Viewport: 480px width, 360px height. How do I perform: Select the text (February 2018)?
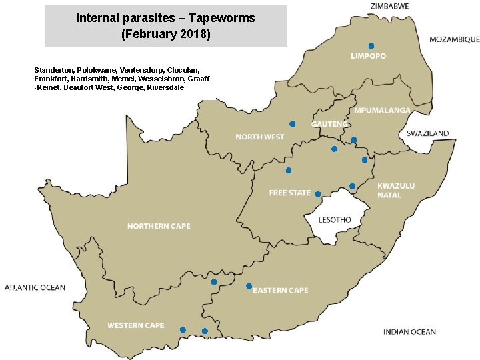pos(166,33)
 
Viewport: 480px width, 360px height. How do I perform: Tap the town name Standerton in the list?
pos(53,70)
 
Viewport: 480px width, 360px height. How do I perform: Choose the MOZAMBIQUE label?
pos(454,40)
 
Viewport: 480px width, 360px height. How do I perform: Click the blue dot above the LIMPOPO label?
pos(371,46)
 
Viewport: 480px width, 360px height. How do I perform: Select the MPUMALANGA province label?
pos(382,110)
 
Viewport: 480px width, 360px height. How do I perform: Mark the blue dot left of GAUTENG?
pos(292,124)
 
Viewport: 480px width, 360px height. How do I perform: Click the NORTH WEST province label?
pos(259,137)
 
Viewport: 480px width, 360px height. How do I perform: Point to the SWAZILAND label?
pos(427,133)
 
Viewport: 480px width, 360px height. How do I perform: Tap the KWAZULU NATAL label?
pos(395,190)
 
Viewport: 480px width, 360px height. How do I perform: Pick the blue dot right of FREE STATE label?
pos(318,194)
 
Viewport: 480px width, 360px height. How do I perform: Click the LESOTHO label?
pos(335,220)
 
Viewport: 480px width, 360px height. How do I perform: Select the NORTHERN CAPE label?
pos(159,226)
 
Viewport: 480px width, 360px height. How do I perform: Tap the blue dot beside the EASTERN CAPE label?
pos(249,287)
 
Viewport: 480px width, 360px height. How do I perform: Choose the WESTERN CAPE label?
pos(136,325)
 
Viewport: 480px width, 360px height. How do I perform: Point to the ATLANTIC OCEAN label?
pos(35,288)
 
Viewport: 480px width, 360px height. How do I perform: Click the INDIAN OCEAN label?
pos(409,331)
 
